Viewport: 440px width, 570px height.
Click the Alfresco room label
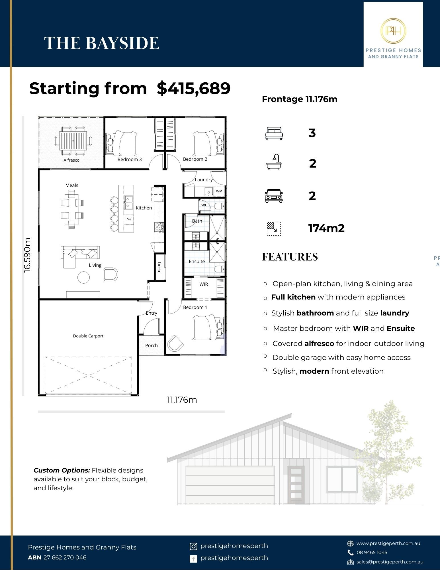[x=71, y=160]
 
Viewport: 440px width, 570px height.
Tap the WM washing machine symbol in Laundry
[x=219, y=191]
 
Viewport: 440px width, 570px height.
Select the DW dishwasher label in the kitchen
[x=129, y=219]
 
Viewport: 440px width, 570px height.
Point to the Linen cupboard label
[x=159, y=267]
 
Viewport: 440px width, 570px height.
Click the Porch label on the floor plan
[x=152, y=345]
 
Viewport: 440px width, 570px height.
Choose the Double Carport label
[x=88, y=336]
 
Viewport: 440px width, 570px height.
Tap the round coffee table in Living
[x=84, y=277]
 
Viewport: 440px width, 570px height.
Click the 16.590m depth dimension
[x=27, y=255]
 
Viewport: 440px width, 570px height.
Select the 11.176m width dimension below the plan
[x=182, y=400]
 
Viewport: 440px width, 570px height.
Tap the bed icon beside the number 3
[x=274, y=133]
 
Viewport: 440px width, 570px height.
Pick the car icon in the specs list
[x=274, y=196]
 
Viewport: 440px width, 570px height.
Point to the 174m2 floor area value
[x=326, y=228]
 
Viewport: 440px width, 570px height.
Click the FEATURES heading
[x=290, y=257]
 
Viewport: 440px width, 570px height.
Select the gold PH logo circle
[x=393, y=31]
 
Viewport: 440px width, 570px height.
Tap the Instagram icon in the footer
[x=193, y=546]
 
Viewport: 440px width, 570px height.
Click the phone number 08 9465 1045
[x=372, y=552]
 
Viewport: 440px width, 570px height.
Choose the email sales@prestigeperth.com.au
[x=390, y=562]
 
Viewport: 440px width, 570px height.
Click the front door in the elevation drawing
[x=296, y=485]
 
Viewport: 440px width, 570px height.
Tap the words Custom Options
[x=62, y=470]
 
